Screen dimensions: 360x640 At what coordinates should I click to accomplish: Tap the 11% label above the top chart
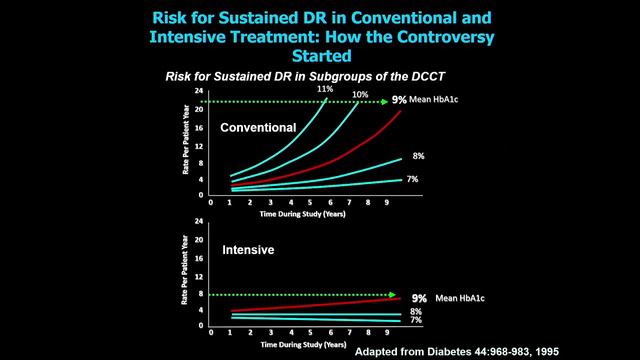pos(325,89)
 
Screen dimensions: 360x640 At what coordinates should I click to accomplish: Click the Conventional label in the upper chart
pos(259,127)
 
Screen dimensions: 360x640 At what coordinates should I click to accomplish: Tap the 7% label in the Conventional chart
pos(412,179)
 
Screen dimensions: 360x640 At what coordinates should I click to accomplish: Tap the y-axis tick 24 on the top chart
pos(199,91)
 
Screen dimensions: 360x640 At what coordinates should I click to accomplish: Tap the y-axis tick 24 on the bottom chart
pos(199,221)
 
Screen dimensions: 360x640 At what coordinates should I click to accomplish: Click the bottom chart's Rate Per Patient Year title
pos(185,274)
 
